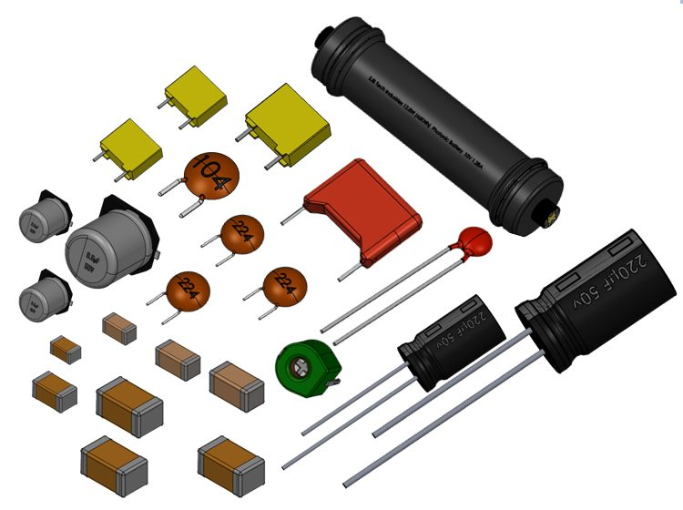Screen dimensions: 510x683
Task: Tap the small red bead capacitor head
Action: [474, 241]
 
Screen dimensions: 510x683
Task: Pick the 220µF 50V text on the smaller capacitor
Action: [464, 326]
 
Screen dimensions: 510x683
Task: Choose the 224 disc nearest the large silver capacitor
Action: [189, 291]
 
